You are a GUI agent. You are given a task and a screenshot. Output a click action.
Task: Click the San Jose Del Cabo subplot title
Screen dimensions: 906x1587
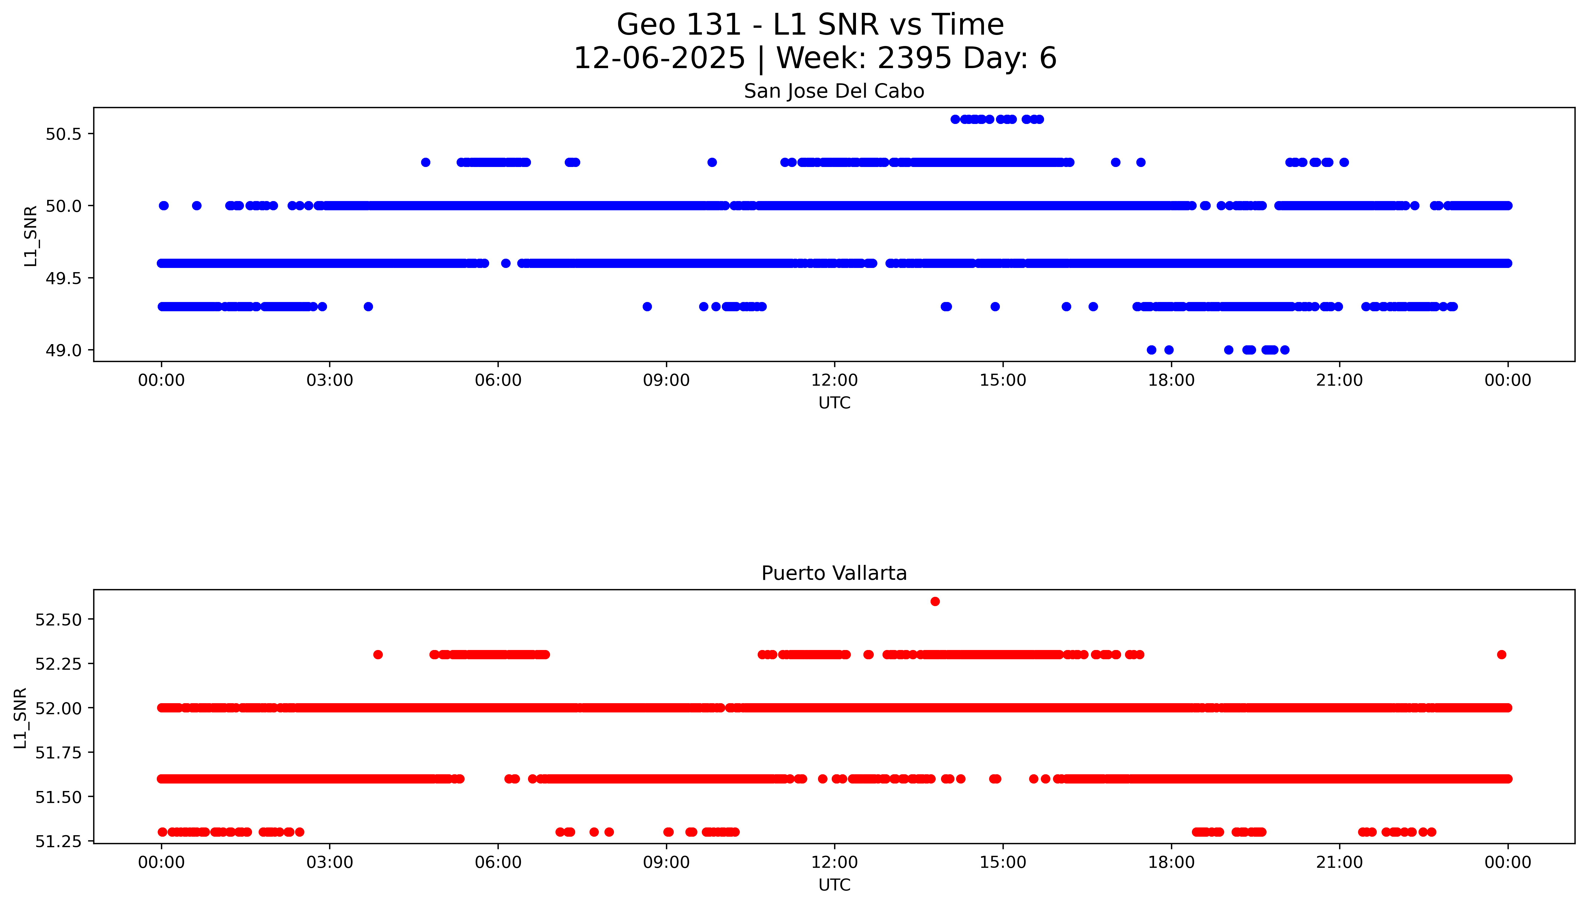[834, 91]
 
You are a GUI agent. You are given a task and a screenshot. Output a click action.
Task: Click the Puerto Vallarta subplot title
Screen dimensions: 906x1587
[834, 573]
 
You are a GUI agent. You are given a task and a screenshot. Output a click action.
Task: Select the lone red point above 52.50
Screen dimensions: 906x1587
[934, 601]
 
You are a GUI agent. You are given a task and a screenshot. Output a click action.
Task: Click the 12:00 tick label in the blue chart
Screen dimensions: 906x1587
[834, 380]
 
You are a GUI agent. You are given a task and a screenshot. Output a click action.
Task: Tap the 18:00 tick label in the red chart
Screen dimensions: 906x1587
[1171, 862]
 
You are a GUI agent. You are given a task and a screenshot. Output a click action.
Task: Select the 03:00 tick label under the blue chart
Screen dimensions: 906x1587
[330, 380]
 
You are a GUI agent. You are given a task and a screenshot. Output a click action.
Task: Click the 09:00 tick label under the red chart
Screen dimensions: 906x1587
[666, 862]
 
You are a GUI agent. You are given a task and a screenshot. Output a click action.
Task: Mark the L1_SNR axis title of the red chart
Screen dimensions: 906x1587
[21, 718]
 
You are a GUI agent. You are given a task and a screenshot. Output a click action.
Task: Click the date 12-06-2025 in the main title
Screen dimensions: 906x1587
[659, 59]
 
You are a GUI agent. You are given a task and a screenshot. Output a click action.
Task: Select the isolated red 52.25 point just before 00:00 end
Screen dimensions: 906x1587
[1501, 654]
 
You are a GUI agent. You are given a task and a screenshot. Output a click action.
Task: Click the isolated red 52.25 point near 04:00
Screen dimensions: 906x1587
[377, 654]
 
